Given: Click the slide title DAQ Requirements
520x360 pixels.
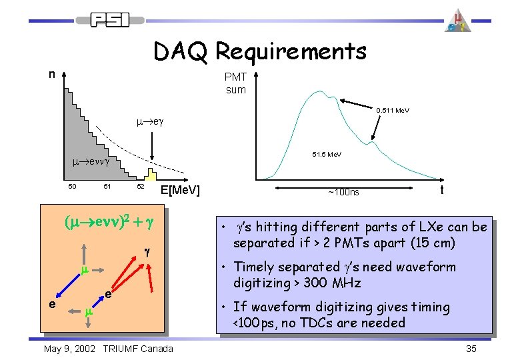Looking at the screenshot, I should [x=259, y=51].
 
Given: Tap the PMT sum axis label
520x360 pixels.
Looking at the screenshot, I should [x=235, y=84].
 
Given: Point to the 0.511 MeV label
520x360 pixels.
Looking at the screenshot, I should [x=393, y=111].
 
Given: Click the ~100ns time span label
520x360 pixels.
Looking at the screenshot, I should [x=343, y=193].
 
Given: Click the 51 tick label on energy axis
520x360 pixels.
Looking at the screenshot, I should [x=106, y=187].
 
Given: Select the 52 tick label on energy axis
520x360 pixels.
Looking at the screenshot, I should [x=141, y=187].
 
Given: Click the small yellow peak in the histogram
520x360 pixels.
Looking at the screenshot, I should [x=151, y=175].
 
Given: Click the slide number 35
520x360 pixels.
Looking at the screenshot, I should [x=471, y=349].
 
